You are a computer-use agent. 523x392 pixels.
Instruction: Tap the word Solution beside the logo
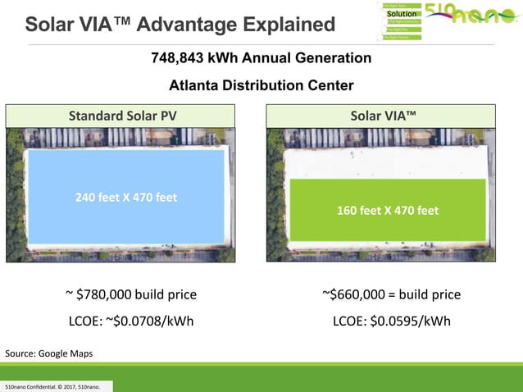coord(402,14)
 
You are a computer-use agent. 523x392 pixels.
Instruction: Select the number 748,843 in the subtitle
coord(180,58)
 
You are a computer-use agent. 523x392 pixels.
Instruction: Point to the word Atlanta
coord(193,85)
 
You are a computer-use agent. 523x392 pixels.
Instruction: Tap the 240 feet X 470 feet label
coord(126,197)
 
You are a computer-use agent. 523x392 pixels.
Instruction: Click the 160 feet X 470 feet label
coord(388,210)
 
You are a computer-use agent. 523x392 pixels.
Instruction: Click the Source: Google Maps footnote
coord(49,353)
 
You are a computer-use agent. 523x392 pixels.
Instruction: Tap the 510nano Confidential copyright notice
coord(52,385)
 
